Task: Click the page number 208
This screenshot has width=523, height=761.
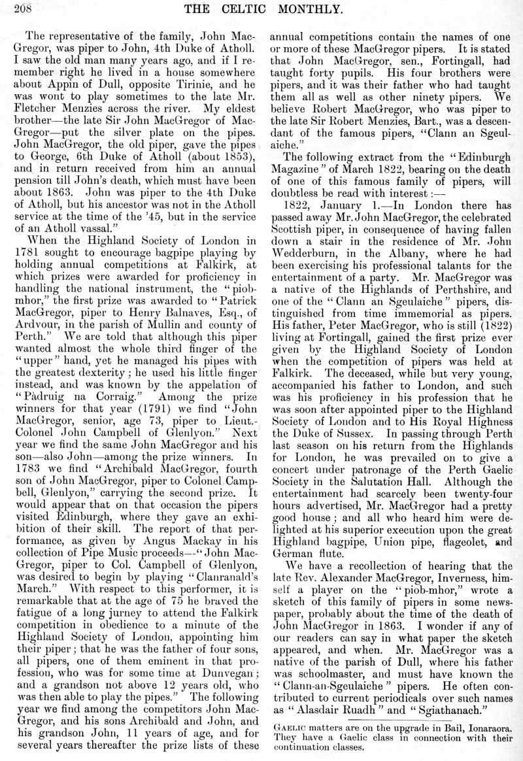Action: [12, 8]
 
